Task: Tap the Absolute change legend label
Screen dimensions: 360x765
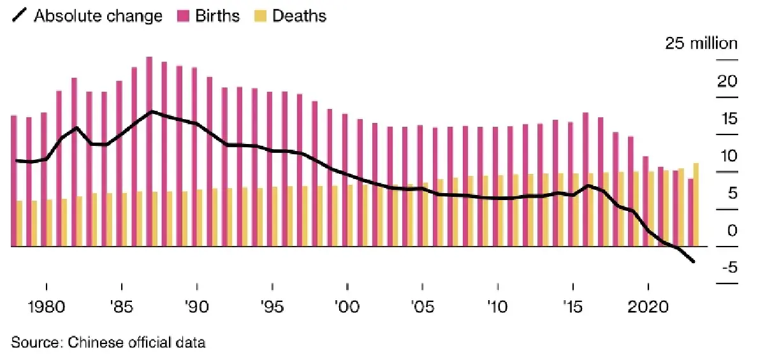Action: (x=90, y=16)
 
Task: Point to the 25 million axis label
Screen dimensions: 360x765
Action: (x=701, y=43)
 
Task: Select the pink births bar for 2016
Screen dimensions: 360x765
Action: (x=585, y=179)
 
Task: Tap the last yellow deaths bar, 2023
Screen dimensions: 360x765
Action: (x=696, y=205)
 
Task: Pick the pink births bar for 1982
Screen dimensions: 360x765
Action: (x=74, y=162)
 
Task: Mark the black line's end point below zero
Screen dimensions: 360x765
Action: (x=694, y=262)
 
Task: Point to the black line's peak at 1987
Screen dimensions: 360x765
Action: (x=151, y=112)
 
